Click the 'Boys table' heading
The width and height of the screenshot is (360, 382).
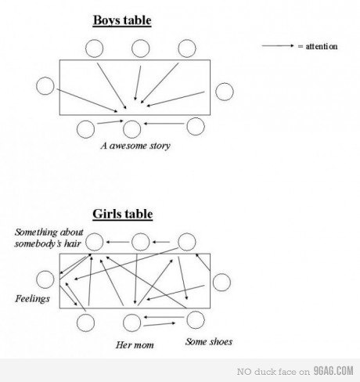pyautogui.click(x=122, y=20)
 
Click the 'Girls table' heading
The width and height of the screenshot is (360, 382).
pyautogui.click(x=123, y=214)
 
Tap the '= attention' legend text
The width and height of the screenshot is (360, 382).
pyautogui.click(x=318, y=46)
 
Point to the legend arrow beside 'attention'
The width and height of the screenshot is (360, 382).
pyautogui.click(x=278, y=46)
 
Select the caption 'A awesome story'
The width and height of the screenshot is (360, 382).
pyautogui.click(x=135, y=146)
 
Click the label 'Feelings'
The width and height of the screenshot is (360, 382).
pyautogui.click(x=32, y=299)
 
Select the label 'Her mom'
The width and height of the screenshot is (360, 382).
pyautogui.click(x=135, y=345)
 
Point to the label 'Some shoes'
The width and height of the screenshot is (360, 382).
pyautogui.click(x=209, y=341)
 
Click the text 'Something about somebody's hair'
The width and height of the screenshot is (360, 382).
pyautogui.click(x=49, y=238)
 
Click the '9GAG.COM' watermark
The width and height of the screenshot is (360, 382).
pyautogui.click(x=333, y=371)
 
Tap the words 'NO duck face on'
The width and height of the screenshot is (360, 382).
pyautogui.click(x=273, y=372)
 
